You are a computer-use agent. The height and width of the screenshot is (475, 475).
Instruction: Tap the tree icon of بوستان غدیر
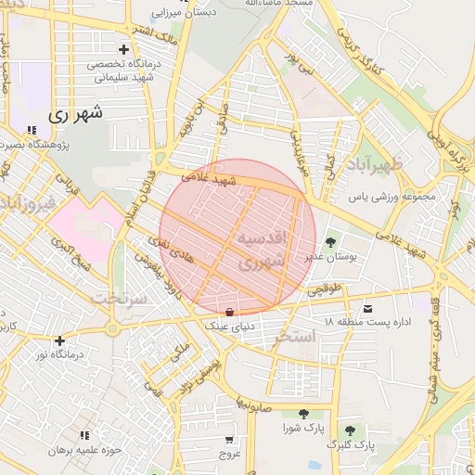pyautogui.click(x=330, y=243)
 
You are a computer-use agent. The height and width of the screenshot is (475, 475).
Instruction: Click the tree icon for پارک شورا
pyautogui.click(x=303, y=414)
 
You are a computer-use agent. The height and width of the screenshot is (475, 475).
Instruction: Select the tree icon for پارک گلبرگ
pyautogui.click(x=350, y=430)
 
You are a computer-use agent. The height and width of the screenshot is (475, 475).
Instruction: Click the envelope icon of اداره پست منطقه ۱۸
pyautogui.click(x=369, y=308)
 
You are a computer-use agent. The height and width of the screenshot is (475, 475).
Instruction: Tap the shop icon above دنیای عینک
pyautogui.click(x=229, y=310)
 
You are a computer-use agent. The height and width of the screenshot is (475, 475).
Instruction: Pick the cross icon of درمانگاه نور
pyautogui.click(x=60, y=340)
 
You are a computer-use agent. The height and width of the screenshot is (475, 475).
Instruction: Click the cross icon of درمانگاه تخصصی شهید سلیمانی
pyautogui.click(x=123, y=49)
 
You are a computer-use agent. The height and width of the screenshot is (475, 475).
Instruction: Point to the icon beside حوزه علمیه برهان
pyautogui.click(x=84, y=434)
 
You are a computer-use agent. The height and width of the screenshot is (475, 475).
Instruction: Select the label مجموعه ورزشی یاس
pyautogui.click(x=392, y=197)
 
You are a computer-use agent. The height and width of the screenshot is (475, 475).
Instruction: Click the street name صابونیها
pyautogui.click(x=252, y=406)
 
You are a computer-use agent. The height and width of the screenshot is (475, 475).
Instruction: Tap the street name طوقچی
pyautogui.click(x=325, y=289)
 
